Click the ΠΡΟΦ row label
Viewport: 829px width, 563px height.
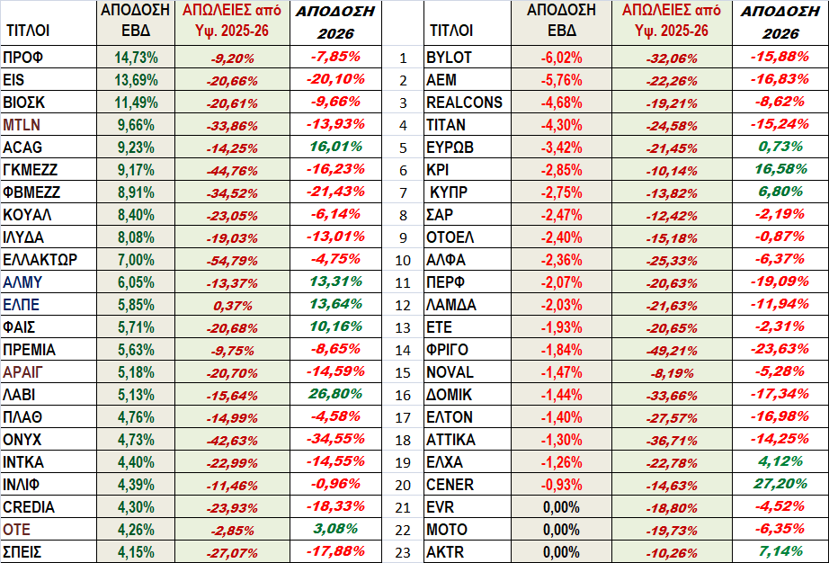pyautogui.click(x=24, y=58)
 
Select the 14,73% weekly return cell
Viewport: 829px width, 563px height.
pyautogui.click(x=137, y=58)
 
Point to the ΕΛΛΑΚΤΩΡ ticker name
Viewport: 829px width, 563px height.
pyautogui.click(x=40, y=260)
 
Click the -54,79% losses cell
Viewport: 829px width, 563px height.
pyautogui.click(x=233, y=260)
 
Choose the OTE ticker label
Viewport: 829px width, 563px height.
pyautogui.click(x=17, y=530)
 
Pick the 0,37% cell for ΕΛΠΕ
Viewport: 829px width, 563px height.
pyautogui.click(x=233, y=305)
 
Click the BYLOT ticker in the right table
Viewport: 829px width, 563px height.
pyautogui.click(x=449, y=58)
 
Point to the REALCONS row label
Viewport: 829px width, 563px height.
pyautogui.click(x=464, y=103)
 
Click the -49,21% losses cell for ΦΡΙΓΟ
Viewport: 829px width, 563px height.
pyautogui.click(x=672, y=350)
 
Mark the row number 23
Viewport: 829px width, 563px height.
pyautogui.click(x=404, y=552)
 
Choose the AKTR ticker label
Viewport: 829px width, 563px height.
pyautogui.click(x=445, y=552)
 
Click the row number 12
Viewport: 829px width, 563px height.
pyautogui.click(x=404, y=305)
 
